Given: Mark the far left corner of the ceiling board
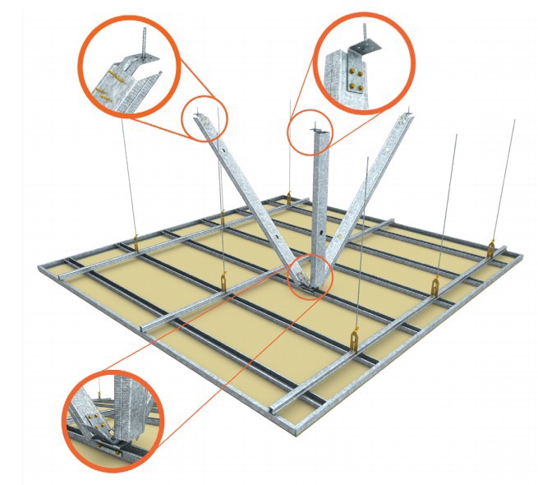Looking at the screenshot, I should point(39,267).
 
